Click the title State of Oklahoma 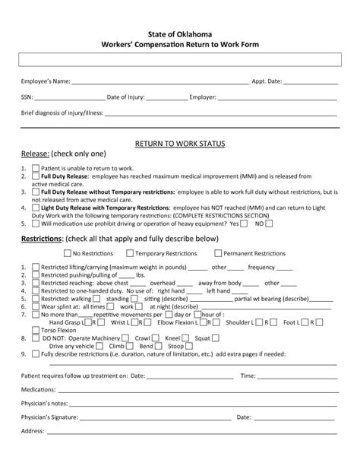(180, 34)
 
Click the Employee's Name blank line (160, 82)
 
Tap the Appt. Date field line (311, 82)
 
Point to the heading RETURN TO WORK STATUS (180, 143)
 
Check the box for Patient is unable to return (36, 167)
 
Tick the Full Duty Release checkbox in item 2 (36, 176)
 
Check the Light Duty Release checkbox (36, 208)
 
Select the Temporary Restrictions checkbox (130, 253)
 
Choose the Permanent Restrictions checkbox (218, 253)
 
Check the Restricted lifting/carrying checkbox (36, 268)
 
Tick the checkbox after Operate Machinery (125, 338)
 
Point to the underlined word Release (35, 154)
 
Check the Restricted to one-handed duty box (36, 290)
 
